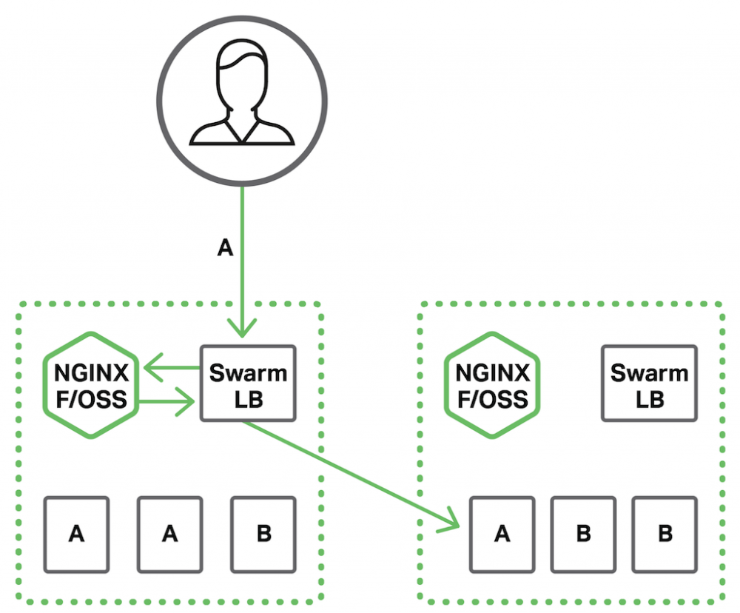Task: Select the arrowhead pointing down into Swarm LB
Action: [x=242, y=326]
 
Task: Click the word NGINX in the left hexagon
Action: [x=91, y=372]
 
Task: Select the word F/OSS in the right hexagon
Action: [x=492, y=400]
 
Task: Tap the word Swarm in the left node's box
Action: [x=248, y=372]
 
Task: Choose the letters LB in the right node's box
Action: [x=649, y=400]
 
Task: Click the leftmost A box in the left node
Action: [x=76, y=534]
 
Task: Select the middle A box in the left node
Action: [x=170, y=534]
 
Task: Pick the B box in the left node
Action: [x=263, y=534]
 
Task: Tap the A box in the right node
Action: [x=502, y=534]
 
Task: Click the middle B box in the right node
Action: [x=583, y=534]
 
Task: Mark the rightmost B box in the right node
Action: [x=665, y=534]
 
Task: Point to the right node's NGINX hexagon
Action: [x=492, y=386]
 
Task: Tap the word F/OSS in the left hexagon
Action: [x=91, y=400]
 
